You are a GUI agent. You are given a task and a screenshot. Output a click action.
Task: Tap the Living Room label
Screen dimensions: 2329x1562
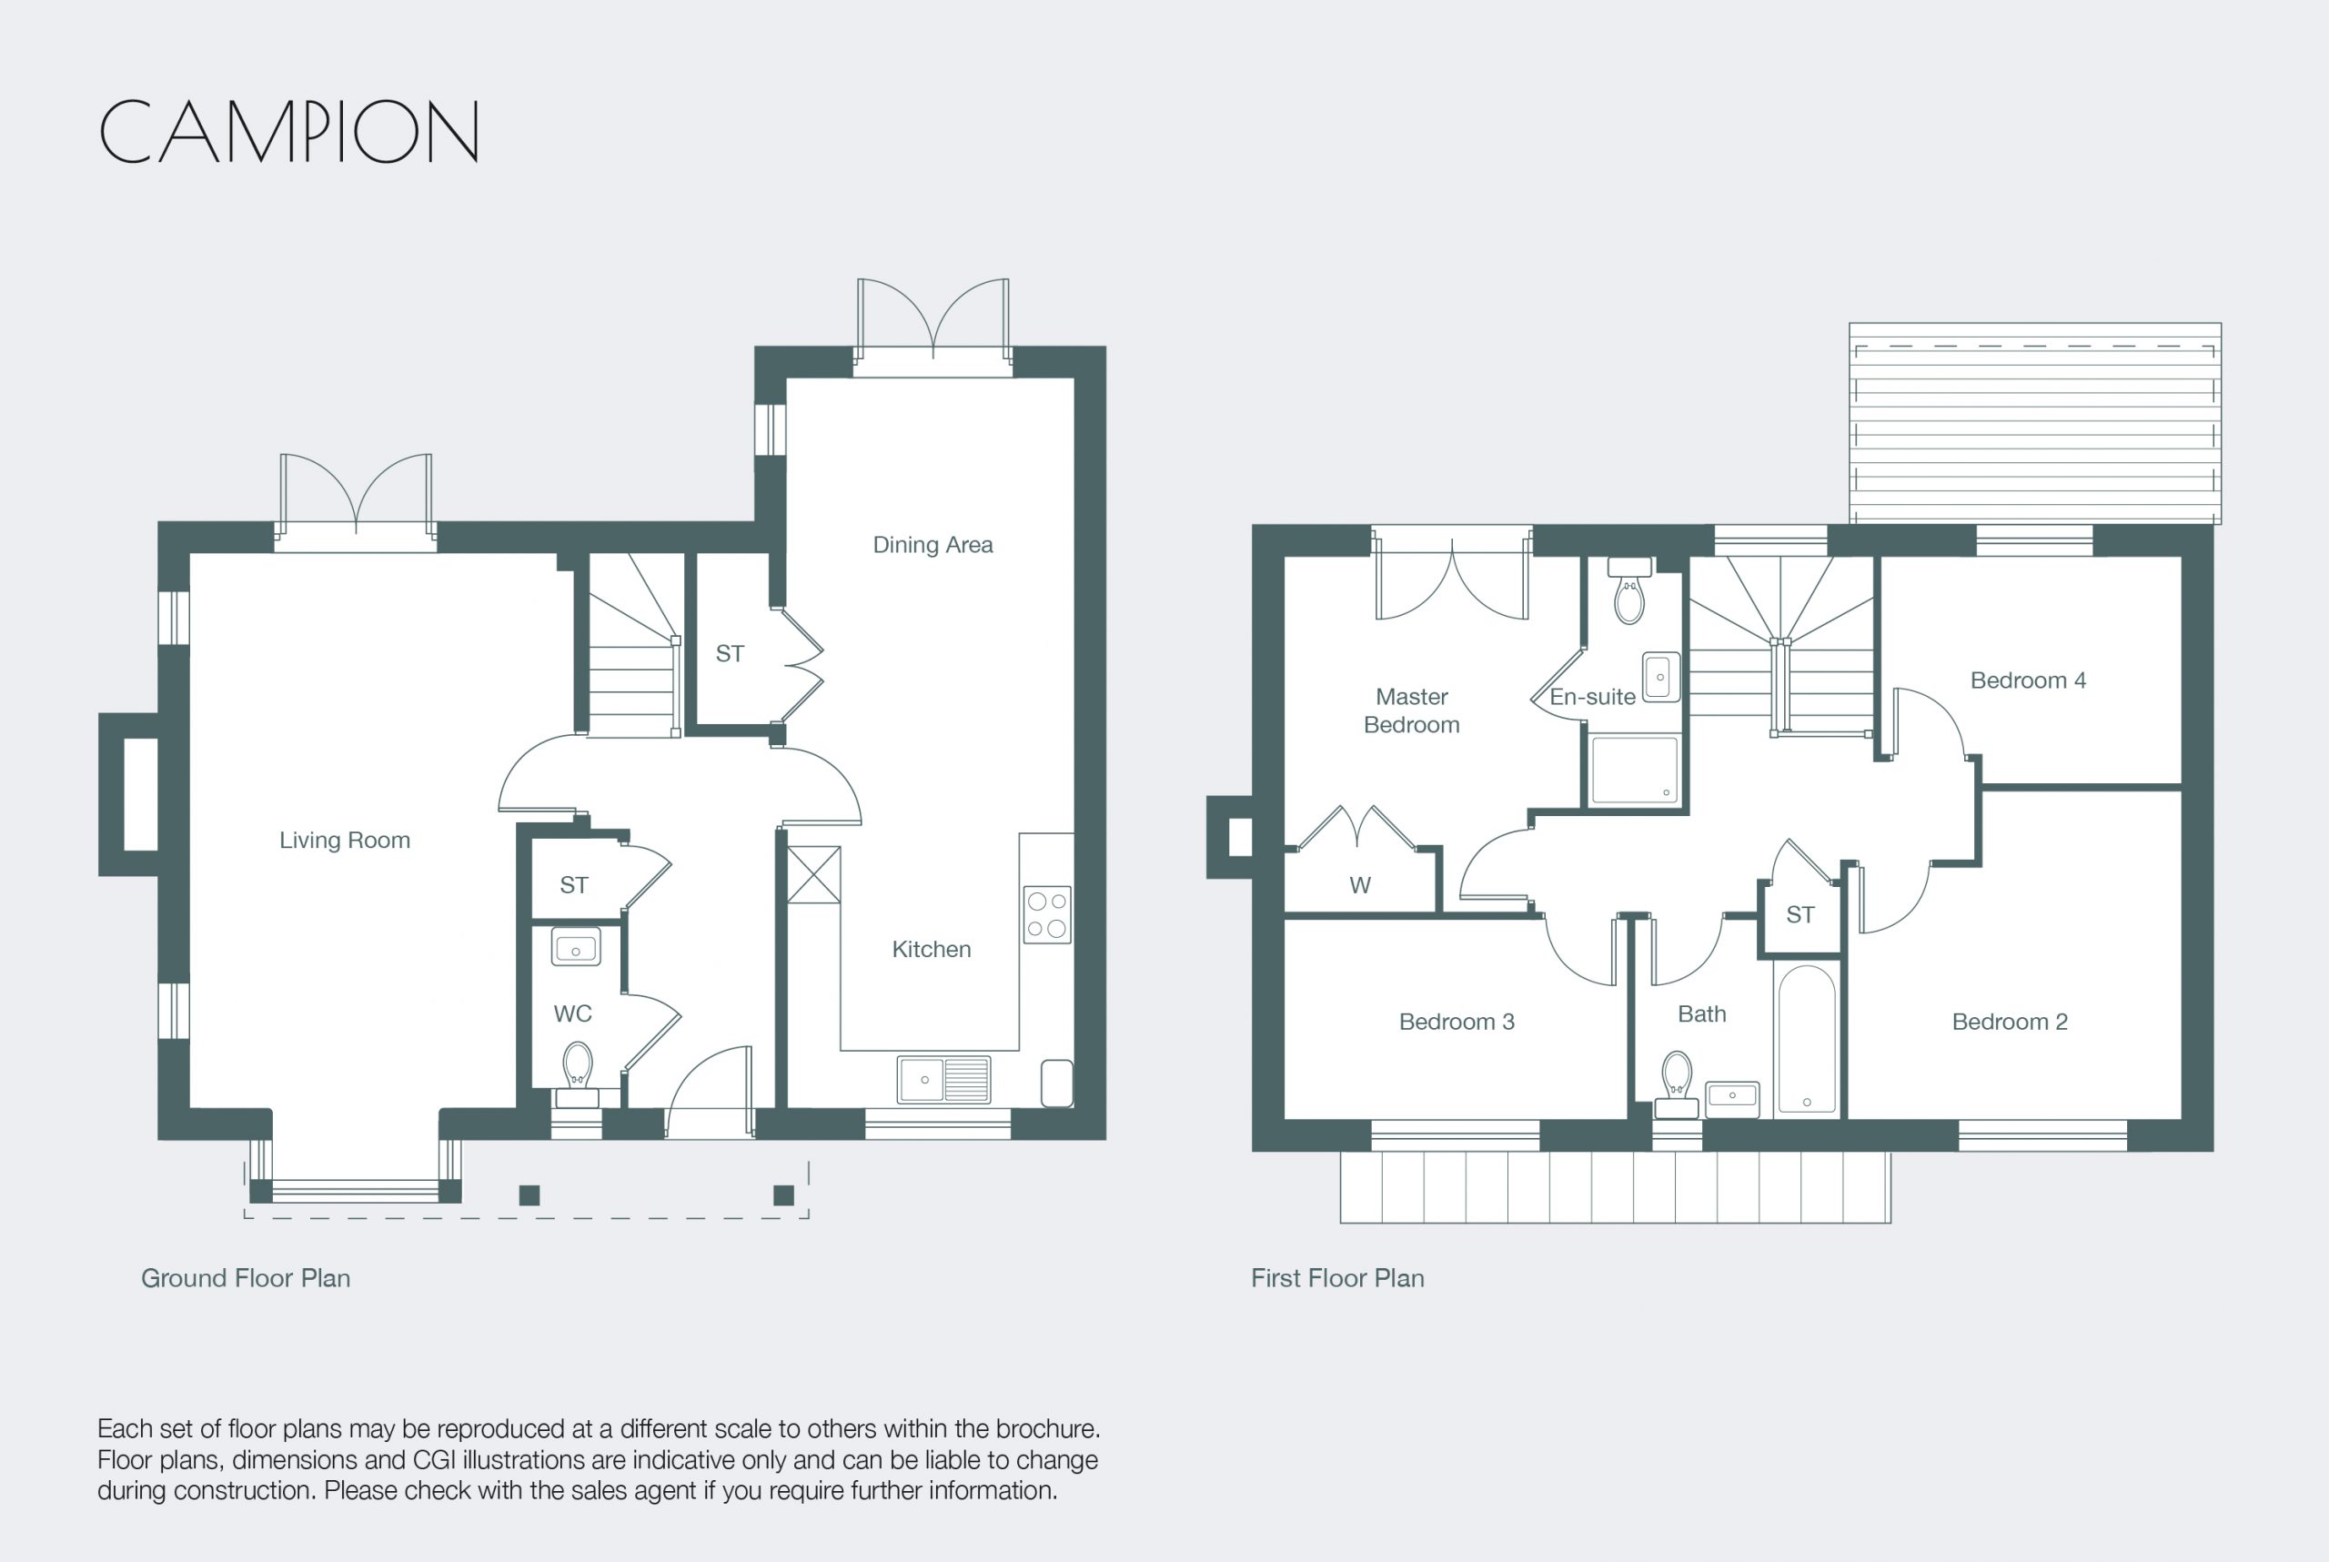[x=345, y=840]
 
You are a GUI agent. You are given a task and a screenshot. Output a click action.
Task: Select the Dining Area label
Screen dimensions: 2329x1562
[x=933, y=545]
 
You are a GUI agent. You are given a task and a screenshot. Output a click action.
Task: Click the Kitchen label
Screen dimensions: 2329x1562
[x=932, y=950]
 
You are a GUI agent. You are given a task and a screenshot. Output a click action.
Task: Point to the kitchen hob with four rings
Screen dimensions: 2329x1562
[x=1047, y=914]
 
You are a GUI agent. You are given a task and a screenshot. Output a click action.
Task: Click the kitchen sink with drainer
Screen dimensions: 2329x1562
[x=944, y=1080]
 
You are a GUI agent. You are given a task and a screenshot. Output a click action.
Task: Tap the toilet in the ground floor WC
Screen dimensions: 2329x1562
[x=577, y=1073]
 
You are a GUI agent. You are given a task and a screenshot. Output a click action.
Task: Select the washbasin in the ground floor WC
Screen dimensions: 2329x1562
[x=576, y=947]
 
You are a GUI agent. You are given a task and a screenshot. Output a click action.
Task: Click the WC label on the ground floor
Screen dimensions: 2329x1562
[x=573, y=1014]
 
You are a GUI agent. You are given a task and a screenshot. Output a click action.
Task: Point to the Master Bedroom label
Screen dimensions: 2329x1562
[x=1412, y=710]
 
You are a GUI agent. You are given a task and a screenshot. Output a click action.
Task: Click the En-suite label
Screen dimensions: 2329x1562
[x=1592, y=698]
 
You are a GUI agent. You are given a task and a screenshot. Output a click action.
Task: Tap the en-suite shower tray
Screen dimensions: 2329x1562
[x=1635, y=770]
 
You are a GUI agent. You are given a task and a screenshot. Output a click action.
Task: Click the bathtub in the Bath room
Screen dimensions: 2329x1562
[x=1806, y=1040]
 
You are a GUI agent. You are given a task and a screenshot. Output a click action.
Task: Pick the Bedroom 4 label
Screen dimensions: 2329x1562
[x=2028, y=680]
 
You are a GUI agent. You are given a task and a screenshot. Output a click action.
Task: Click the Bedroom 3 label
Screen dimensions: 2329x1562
[x=1457, y=1022]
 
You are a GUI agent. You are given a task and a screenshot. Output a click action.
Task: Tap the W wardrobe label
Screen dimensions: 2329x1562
[x=1360, y=885]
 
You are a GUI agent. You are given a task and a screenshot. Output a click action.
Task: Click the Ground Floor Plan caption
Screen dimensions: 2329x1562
[x=246, y=1278]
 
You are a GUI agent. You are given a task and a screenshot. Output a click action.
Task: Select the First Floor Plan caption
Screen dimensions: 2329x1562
[x=1338, y=1278]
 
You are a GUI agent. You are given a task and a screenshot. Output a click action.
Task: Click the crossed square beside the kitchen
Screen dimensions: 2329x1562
[x=814, y=874]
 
